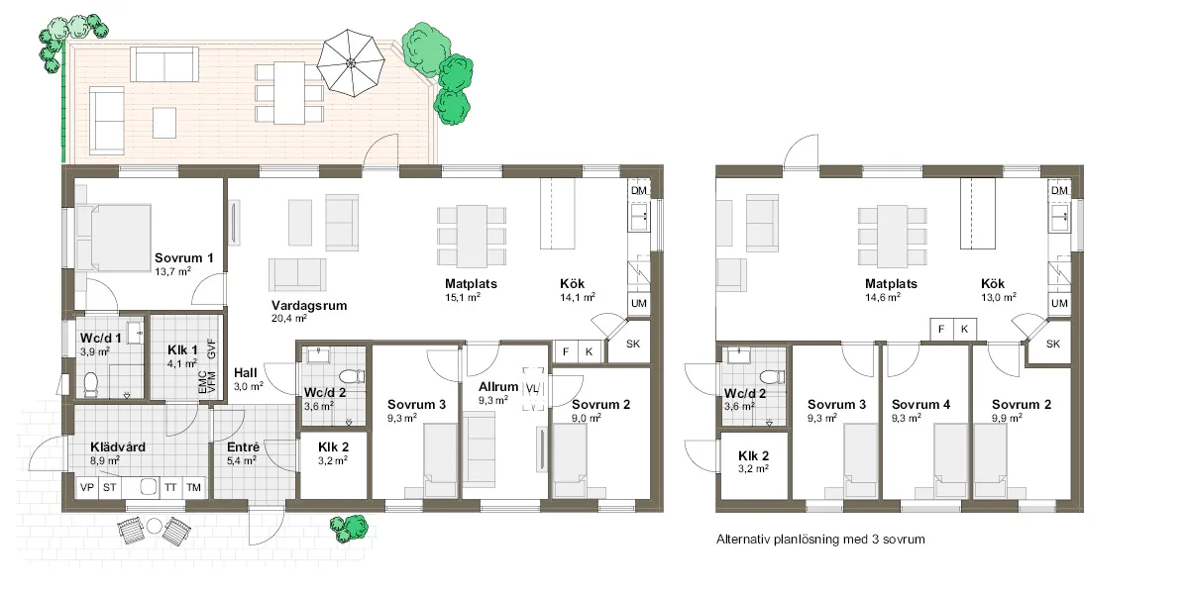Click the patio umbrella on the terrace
point(351,63)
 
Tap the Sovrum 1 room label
point(183,258)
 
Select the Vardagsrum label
point(309,306)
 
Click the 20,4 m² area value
point(289,318)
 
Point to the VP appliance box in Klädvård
point(86,487)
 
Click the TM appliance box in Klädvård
point(193,487)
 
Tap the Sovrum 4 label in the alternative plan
point(920,405)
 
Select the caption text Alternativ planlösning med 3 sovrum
point(820,540)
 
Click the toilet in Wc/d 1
point(91,384)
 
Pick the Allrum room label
point(497,387)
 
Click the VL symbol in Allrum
point(532,389)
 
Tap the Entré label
point(243,447)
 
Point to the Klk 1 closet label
point(182,350)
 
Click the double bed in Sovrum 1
point(113,239)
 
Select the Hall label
point(246,373)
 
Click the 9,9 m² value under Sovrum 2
point(1008,418)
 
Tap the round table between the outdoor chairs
point(154,526)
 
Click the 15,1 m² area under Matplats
point(463,297)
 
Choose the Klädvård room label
point(118,447)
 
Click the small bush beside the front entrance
point(349,529)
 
